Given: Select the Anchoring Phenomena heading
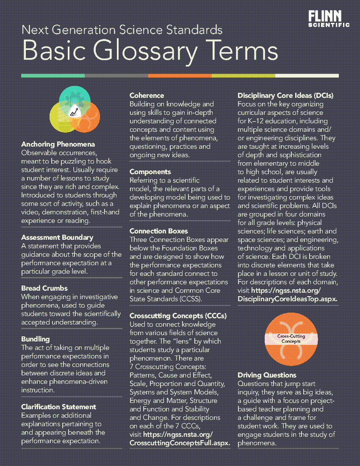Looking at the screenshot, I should tap(58, 144).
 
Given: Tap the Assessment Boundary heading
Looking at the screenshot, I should tap(57, 237).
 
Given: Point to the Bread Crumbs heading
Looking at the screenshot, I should tap(44, 288).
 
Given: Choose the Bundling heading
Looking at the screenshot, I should tap(36, 339).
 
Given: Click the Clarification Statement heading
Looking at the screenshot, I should tap(58, 407).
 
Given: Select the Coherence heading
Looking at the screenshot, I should tap(147, 95).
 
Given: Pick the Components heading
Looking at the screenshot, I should tap(150, 172).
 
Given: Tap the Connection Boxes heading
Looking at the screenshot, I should tap(159, 231).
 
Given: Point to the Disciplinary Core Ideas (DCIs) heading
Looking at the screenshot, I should tap(285, 95).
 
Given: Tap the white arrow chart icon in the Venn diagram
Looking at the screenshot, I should tap(75, 111).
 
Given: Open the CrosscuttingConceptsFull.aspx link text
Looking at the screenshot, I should tap(180, 443).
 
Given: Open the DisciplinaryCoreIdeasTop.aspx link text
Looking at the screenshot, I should tap(287, 299).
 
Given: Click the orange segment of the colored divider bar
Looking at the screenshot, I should tap(180, 76).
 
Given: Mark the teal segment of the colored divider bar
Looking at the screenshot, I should tap(53, 76).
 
